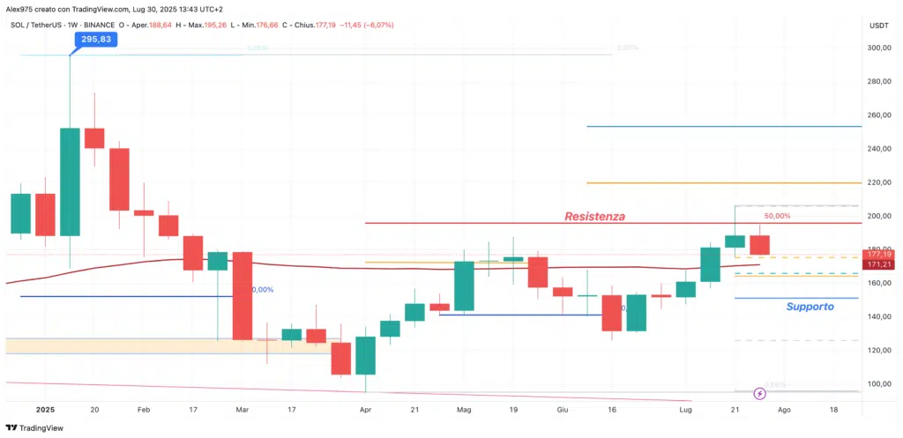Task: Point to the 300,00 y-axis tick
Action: click(x=878, y=48)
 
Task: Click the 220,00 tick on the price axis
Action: click(x=878, y=182)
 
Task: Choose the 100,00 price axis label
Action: click(x=878, y=384)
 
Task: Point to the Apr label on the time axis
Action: click(x=364, y=410)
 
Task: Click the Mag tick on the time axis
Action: click(x=464, y=410)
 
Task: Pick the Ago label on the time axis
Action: click(x=785, y=410)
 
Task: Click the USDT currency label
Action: click(x=878, y=25)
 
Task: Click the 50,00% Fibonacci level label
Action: click(x=776, y=215)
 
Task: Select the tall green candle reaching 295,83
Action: click(x=70, y=182)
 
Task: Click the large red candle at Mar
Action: click(x=242, y=295)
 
